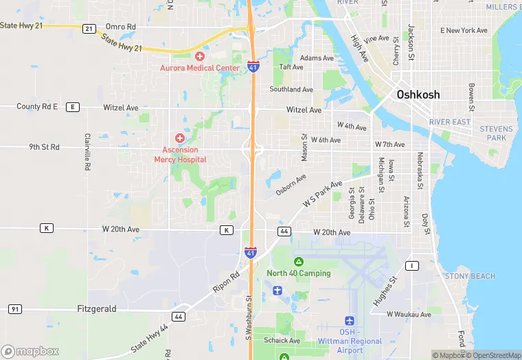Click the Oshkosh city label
(418, 95)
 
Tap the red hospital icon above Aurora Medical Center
(200, 56)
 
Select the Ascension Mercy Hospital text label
(180, 155)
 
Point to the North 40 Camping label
(299, 273)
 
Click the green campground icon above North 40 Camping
(299, 262)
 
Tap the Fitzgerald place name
(97, 309)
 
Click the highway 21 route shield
(89, 29)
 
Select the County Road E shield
(73, 107)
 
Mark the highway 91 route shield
(14, 309)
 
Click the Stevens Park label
(496, 133)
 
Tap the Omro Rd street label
(121, 27)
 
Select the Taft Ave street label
(291, 67)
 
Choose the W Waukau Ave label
(409, 315)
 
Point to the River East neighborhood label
(450, 122)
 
